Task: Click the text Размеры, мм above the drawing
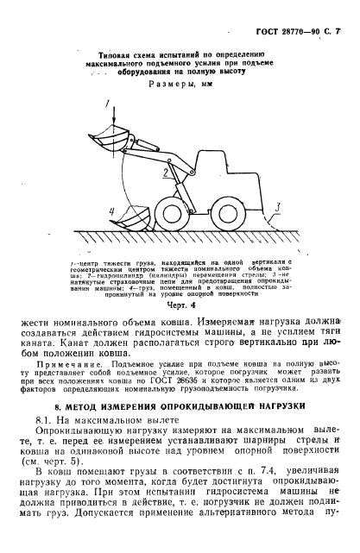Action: (x=180, y=86)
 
